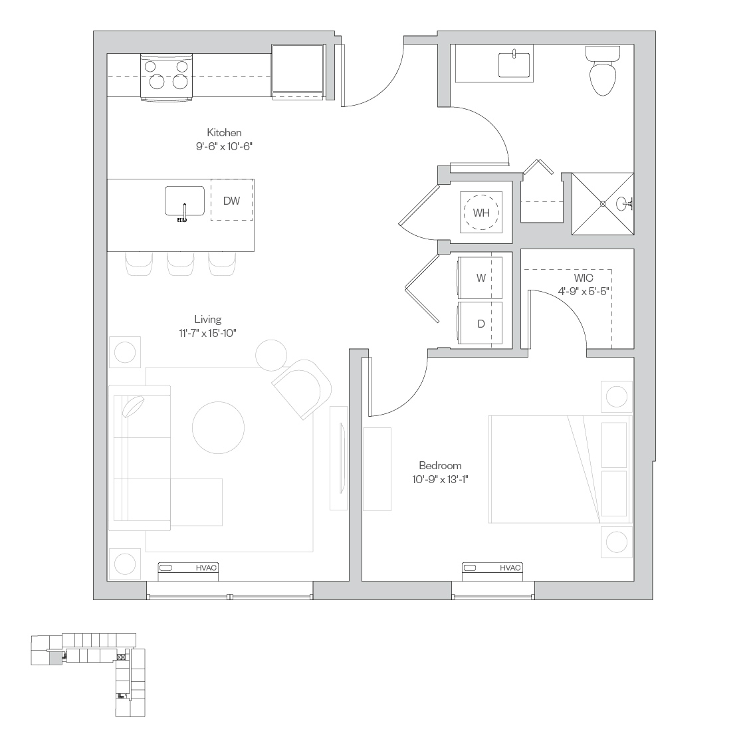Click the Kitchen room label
pos(224,132)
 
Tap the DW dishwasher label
pos(232,201)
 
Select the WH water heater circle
pos(481,212)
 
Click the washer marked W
pos(480,278)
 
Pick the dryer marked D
pos(480,323)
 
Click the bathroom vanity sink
pos(514,64)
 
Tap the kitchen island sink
pos(185,202)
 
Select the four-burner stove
pos(166,77)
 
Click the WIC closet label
pos(584,278)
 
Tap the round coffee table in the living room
pos(218,427)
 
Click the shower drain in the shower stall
pos(603,204)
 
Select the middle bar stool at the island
pos(181,264)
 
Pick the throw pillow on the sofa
pos(134,407)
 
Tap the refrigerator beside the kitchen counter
pos(298,71)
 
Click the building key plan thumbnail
pos(88,675)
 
